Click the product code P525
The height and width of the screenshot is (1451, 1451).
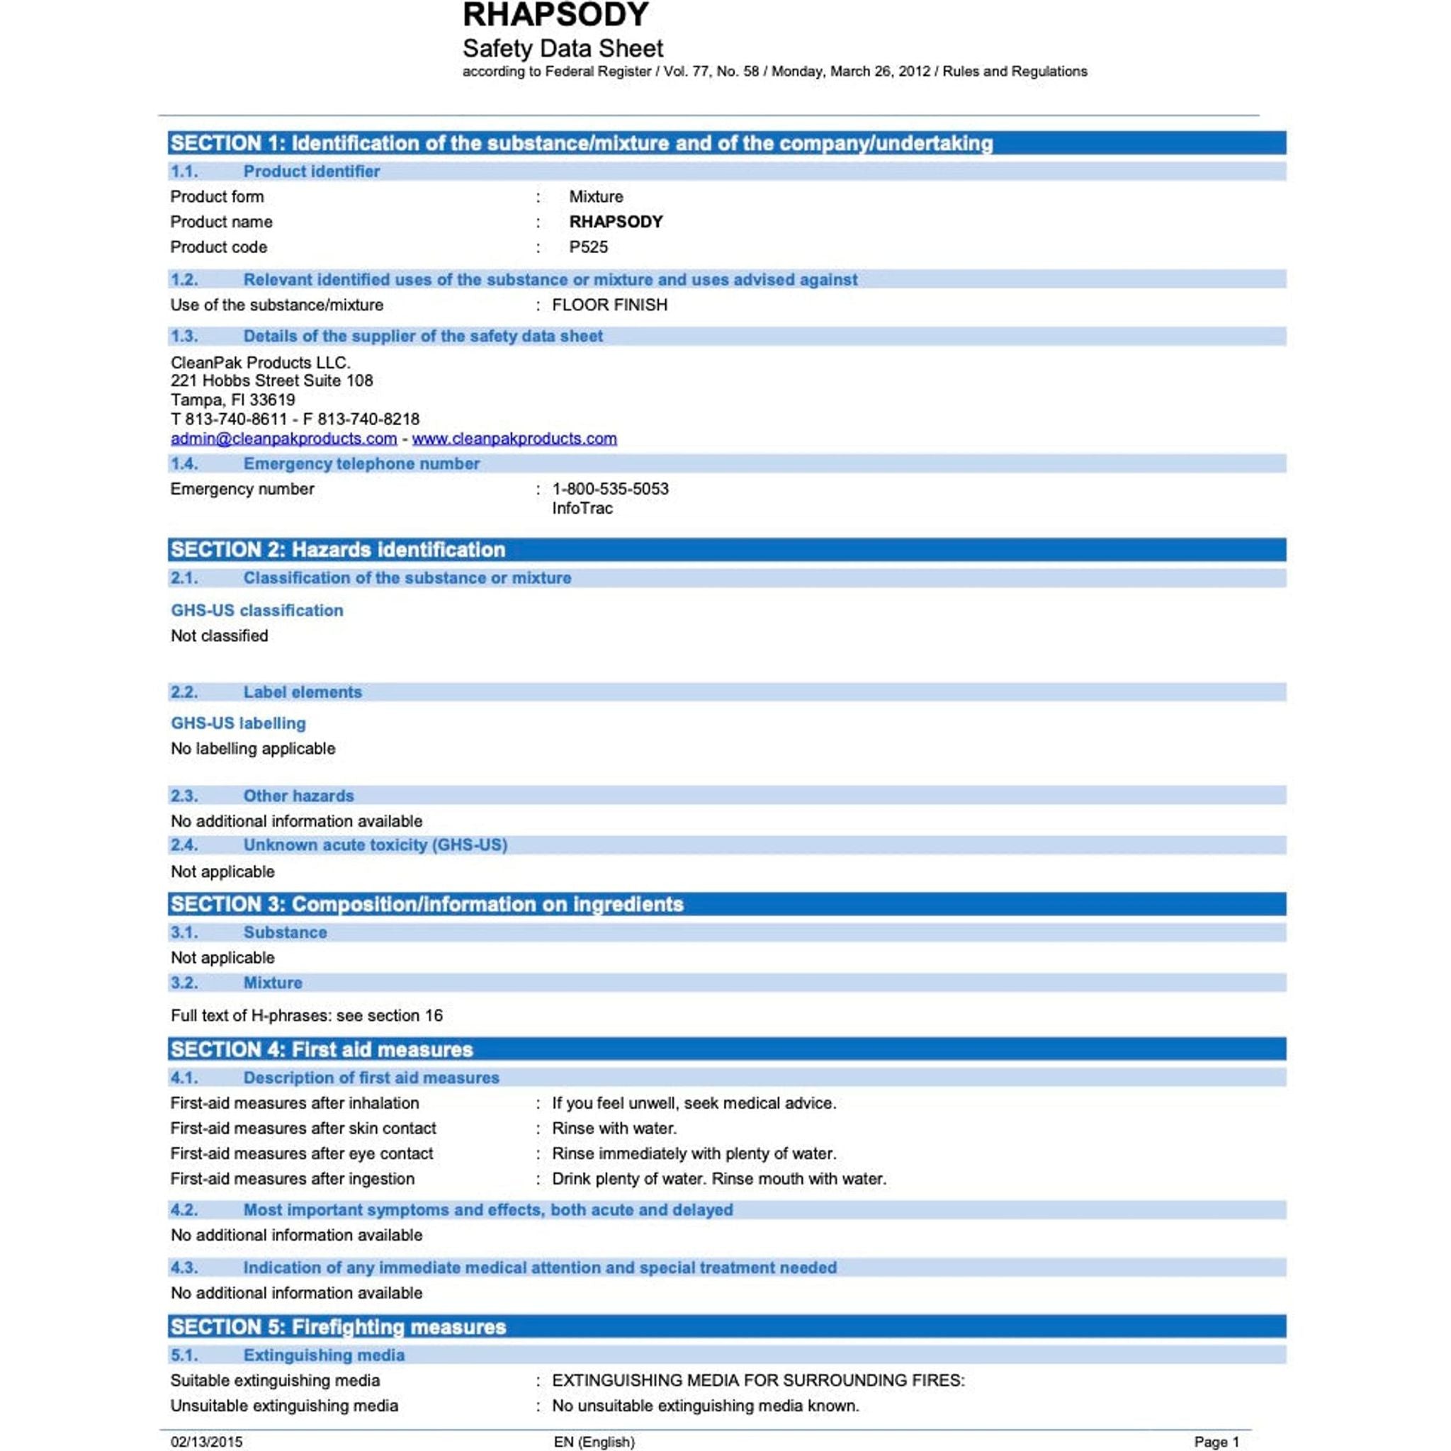coord(588,247)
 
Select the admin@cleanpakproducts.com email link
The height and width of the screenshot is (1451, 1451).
coord(283,439)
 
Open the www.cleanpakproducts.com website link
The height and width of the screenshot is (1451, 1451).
coord(514,439)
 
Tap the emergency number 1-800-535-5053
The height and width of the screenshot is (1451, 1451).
coord(610,489)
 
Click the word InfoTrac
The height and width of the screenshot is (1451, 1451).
coord(582,509)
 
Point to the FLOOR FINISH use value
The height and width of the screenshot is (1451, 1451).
coord(609,305)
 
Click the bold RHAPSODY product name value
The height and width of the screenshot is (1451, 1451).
coord(616,222)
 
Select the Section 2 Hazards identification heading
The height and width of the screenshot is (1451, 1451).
coord(338,550)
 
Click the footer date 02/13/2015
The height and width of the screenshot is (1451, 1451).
coord(207,1441)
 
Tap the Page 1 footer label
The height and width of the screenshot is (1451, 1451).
coord(1216,1441)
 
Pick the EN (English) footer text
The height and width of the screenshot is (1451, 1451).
coord(594,1441)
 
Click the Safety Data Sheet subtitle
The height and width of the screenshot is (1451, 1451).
coord(563,49)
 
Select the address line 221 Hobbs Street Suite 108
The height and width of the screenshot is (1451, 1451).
coord(271,380)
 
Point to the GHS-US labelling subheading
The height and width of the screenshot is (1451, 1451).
coord(238,723)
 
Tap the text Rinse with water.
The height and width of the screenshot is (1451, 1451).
coord(614,1128)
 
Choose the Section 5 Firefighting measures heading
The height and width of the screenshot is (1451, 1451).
coord(338,1327)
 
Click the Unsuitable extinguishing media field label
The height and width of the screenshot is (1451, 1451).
coord(284,1405)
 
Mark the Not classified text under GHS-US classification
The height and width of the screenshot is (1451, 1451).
coord(220,636)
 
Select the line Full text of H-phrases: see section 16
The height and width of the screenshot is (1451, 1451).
coord(306,1015)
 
